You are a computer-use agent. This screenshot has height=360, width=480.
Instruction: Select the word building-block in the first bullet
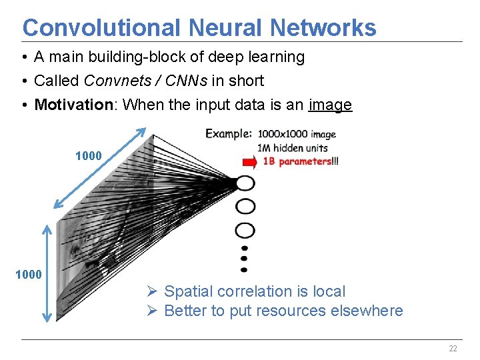(x=141, y=57)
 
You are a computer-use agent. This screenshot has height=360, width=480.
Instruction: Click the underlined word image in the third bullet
(x=330, y=105)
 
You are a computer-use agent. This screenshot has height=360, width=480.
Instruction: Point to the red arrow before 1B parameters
(x=249, y=161)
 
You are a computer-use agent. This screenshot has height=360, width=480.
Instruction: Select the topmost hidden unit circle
(x=245, y=183)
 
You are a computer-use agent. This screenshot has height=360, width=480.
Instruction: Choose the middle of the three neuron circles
(x=245, y=206)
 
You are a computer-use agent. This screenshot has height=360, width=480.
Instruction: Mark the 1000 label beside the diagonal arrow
(x=89, y=156)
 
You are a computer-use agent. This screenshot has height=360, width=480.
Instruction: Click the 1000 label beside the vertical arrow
(x=29, y=274)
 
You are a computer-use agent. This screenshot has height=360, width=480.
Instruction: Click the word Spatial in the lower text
(x=186, y=291)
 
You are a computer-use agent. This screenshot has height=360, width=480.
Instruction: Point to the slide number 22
(x=453, y=349)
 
